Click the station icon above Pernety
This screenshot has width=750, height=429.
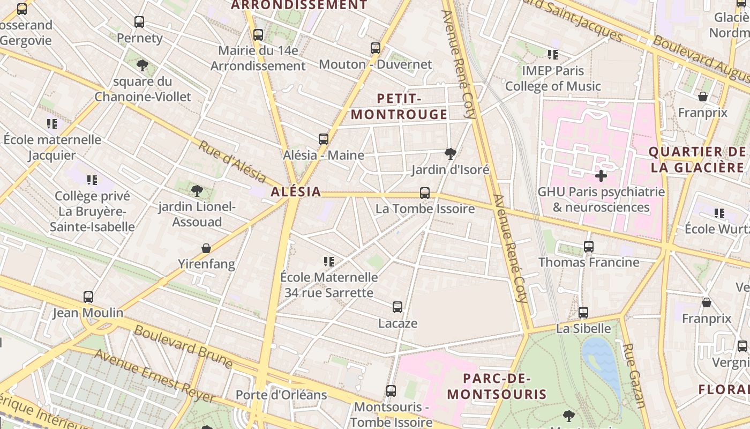139,22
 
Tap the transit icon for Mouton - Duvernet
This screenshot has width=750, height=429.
376,48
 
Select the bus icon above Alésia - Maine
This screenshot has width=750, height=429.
324,139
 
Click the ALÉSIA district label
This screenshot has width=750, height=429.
296,191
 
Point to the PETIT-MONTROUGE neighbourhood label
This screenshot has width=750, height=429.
399,106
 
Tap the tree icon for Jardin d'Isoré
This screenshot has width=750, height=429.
451,154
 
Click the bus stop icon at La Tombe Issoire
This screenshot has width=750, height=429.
425,193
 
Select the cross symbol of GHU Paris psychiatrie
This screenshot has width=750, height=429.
601,175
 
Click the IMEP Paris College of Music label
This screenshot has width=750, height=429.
553,78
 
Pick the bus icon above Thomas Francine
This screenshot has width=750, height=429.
589,247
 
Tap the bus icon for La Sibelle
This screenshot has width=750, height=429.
583,313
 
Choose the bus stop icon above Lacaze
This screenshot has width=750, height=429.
397,307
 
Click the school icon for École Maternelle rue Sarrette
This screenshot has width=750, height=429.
329,262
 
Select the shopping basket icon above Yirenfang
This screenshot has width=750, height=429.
206,248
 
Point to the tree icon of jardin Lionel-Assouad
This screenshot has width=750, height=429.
197,190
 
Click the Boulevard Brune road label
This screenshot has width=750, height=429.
183,347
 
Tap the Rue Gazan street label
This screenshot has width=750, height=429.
634,375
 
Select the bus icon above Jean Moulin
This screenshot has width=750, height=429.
88,297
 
